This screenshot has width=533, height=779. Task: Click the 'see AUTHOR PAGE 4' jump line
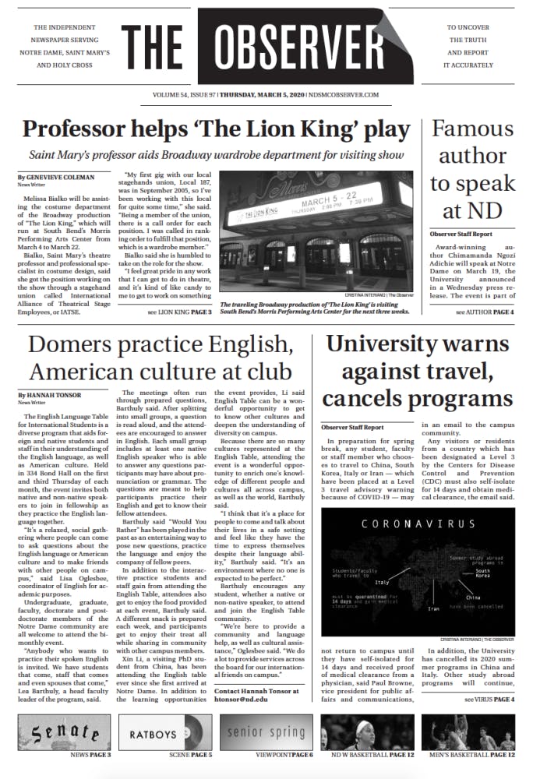(484, 312)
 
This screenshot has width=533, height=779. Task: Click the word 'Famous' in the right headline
(472, 129)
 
